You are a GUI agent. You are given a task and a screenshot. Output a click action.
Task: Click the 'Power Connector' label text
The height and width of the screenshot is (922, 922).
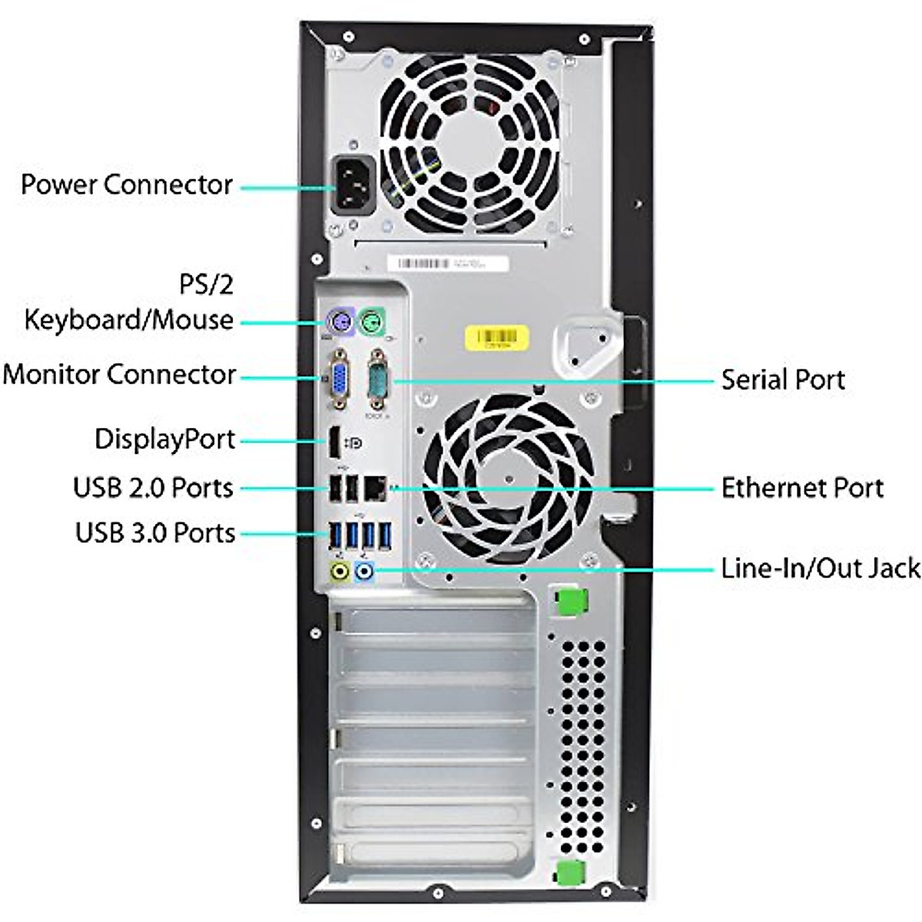click(x=127, y=185)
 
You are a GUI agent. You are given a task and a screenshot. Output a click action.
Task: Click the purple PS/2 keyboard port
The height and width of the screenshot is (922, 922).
click(x=338, y=321)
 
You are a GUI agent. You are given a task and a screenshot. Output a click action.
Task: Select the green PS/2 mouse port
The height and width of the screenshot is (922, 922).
click(x=373, y=320)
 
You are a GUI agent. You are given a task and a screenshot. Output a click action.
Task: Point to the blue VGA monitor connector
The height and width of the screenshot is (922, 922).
click(x=338, y=379)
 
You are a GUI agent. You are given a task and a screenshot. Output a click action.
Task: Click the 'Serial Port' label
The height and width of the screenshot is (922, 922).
click(x=782, y=380)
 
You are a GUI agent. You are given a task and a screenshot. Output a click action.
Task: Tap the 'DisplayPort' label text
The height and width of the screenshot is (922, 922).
click(x=164, y=439)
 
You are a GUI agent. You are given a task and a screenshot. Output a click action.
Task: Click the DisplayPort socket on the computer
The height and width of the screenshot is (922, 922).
click(x=335, y=442)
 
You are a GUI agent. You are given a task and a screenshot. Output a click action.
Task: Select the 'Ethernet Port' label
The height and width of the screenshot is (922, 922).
click(x=802, y=488)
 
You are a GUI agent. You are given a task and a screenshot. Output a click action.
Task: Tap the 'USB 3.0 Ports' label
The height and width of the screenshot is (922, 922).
click(x=154, y=533)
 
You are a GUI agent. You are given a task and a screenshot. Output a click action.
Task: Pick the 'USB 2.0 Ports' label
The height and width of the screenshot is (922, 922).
click(x=153, y=488)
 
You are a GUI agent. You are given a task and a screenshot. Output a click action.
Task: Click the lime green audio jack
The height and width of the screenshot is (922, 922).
click(x=340, y=571)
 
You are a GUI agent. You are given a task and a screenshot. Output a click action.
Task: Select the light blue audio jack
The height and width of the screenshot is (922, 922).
click(x=366, y=571)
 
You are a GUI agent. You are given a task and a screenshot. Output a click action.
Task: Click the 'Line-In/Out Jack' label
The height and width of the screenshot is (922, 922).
click(x=820, y=569)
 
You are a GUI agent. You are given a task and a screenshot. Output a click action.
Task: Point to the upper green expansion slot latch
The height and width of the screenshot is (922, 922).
click(x=567, y=600)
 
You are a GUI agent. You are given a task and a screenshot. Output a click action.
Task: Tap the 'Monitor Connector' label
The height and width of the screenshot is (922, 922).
click(x=119, y=375)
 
